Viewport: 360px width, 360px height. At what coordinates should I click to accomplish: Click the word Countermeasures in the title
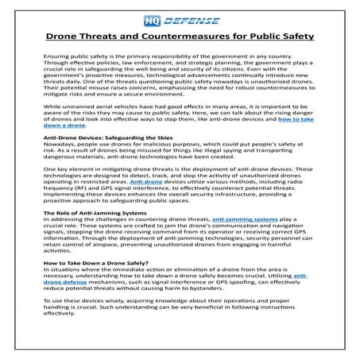[200, 37]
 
